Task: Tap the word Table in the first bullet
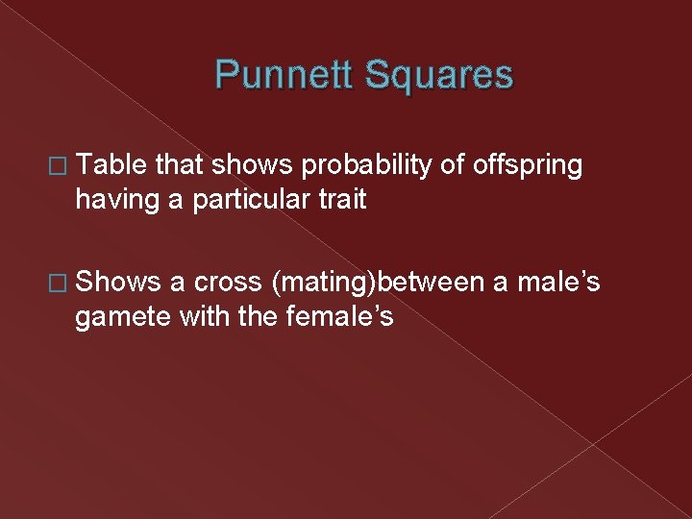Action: click(x=111, y=166)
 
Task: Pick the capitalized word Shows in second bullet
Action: click(x=117, y=281)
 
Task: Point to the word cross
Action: click(x=228, y=281)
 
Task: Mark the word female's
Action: click(x=340, y=315)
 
